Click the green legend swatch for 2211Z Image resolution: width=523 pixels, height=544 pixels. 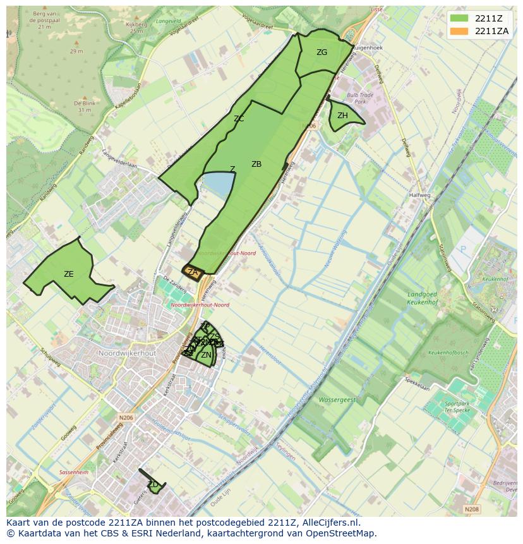[459, 18]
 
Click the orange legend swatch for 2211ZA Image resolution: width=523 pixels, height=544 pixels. [459, 31]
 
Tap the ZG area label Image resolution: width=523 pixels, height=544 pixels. [322, 52]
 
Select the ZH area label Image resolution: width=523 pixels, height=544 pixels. [342, 116]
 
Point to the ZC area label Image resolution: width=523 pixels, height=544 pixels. [239, 119]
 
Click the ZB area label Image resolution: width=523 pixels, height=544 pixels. [256, 164]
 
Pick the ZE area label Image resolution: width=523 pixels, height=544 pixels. [69, 274]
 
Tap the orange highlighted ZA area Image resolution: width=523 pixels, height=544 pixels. [193, 273]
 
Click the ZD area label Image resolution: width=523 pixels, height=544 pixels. [152, 485]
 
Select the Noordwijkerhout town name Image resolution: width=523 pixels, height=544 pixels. [127, 353]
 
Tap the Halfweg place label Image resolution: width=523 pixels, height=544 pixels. [419, 195]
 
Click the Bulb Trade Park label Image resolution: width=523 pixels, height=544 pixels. [361, 98]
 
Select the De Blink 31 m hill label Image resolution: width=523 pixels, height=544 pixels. [85, 106]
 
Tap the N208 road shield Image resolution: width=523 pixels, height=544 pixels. [471, 509]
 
